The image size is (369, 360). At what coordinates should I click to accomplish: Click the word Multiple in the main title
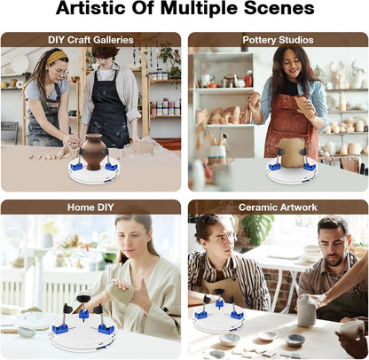click(x=200, y=9)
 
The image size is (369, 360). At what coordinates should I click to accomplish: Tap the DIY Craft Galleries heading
click(x=90, y=40)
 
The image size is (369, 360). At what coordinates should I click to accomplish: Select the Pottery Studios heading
click(x=278, y=40)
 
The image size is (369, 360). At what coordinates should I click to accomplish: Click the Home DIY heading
click(x=90, y=207)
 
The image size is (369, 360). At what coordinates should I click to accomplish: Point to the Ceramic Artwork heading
click(x=278, y=207)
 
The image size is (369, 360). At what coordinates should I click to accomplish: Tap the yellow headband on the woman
click(x=57, y=58)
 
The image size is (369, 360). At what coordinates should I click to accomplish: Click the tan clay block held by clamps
click(x=292, y=153)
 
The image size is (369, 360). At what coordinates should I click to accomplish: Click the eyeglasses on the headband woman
click(x=62, y=73)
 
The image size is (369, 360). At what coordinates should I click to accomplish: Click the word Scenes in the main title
click(x=279, y=9)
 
